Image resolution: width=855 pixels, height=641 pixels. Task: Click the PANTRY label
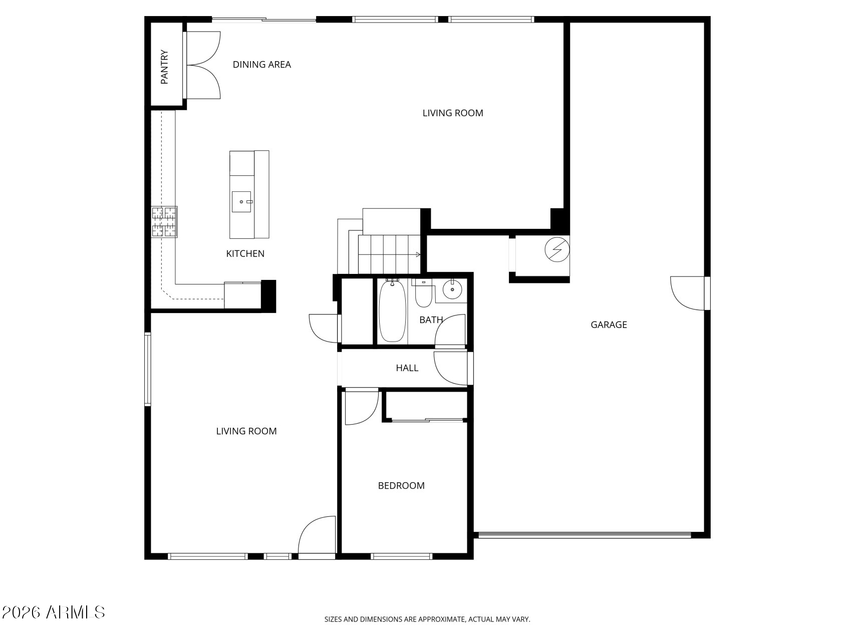tap(164, 67)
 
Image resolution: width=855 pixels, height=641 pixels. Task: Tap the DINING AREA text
tap(261, 65)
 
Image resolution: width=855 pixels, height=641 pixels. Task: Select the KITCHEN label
tap(245, 254)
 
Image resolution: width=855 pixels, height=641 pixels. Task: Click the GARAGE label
tap(609, 325)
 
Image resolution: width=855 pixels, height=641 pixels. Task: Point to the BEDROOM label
tap(401, 486)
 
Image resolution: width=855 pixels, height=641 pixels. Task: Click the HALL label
tap(407, 368)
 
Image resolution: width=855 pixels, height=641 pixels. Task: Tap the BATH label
tap(431, 320)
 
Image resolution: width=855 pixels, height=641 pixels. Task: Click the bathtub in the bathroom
tap(392, 311)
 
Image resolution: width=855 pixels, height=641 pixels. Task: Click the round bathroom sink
tap(453, 289)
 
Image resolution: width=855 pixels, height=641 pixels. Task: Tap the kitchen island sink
tap(241, 202)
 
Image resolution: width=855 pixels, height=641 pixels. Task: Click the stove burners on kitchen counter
tap(164, 222)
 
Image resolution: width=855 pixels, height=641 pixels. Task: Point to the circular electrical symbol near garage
tap(557, 249)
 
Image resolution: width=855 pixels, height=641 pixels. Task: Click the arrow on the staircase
tap(417, 255)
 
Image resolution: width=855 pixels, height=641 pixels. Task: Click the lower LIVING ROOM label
tap(246, 431)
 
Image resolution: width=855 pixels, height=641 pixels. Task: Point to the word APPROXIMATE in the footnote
tap(441, 619)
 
